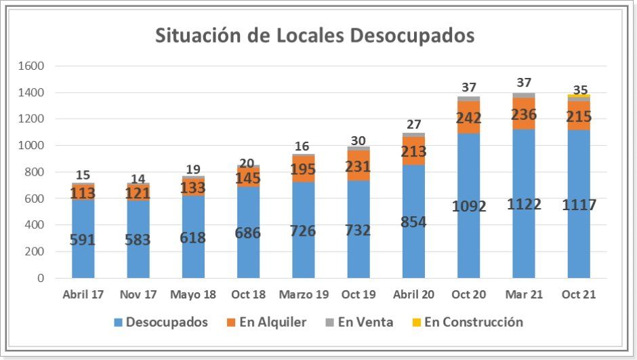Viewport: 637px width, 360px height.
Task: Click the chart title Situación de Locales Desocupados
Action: coord(314,35)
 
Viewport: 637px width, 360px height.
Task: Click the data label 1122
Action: coord(524,204)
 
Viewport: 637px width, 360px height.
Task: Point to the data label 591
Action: coord(83,240)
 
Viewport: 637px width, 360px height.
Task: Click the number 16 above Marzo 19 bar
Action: coord(303,146)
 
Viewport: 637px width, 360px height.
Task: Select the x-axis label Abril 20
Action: coord(413,295)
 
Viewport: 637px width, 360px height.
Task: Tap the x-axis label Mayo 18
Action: coord(193,295)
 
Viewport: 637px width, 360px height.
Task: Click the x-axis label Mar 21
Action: coord(523,295)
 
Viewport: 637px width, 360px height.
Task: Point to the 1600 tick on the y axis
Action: coord(31,66)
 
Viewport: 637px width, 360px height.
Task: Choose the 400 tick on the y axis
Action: coord(34,225)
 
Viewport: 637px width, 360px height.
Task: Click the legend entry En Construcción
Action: coord(473,322)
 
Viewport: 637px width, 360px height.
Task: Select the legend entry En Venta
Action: coord(365,322)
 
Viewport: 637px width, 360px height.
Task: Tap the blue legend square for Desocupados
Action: coord(117,323)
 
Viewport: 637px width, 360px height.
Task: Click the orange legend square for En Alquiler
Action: coord(230,323)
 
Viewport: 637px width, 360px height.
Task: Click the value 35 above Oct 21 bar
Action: coord(580,90)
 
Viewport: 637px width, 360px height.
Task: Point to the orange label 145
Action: coord(248,178)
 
